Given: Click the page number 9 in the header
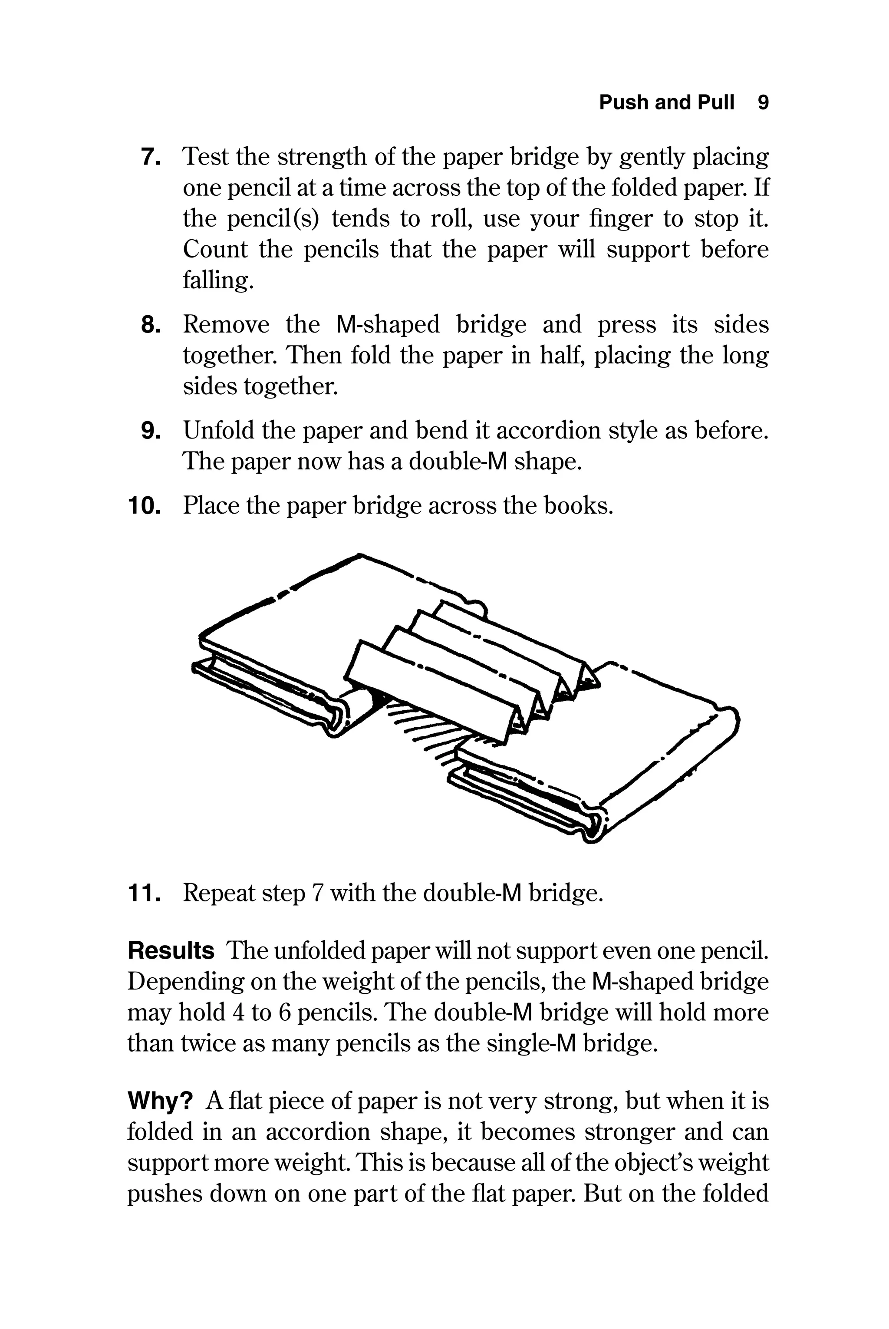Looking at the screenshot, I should coord(763,102).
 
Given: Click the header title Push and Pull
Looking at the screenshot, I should coord(666,102).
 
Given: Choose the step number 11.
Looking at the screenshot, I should coord(144,894).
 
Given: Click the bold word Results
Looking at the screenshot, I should coord(171,951).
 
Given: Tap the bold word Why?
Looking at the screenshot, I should coord(161,1101).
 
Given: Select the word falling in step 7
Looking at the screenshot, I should coord(217,280).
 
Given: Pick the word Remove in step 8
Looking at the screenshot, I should coord(226,325).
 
